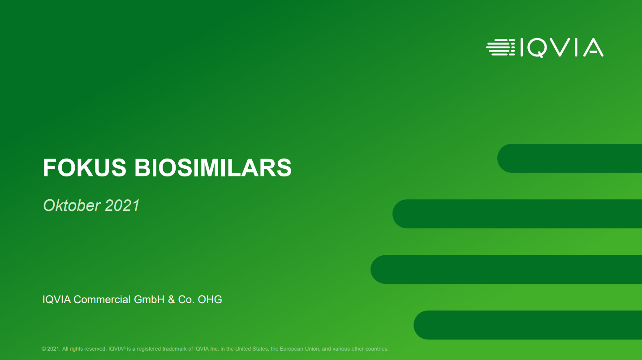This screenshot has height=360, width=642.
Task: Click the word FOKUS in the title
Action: click(x=85, y=167)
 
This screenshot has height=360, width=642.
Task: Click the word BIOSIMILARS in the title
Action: click(x=213, y=167)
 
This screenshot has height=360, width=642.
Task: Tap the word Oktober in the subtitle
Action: click(x=72, y=206)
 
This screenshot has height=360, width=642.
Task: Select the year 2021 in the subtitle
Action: click(x=122, y=206)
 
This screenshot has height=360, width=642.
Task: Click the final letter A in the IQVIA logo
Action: click(x=593, y=47)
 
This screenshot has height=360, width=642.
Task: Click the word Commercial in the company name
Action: click(x=102, y=300)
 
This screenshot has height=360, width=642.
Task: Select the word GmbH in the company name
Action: click(x=149, y=300)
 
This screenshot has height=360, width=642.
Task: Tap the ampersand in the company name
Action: click(x=172, y=300)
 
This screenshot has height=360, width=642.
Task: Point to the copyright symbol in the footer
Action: click(x=43, y=349)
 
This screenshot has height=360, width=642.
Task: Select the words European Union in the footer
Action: click(x=299, y=349)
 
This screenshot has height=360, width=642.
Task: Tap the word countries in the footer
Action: click(x=377, y=349)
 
